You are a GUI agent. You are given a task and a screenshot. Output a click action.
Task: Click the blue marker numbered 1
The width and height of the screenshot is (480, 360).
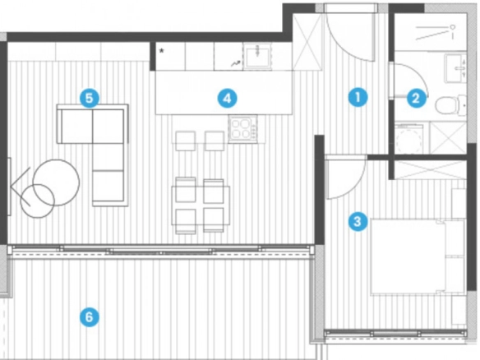click(x=358, y=97)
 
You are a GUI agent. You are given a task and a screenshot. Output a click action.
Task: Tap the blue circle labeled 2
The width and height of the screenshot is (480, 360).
click(x=416, y=99)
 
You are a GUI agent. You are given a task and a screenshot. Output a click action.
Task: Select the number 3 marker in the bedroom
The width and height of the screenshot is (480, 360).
click(x=358, y=221)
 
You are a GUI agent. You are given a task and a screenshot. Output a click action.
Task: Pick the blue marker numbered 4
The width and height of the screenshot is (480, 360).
click(x=227, y=99)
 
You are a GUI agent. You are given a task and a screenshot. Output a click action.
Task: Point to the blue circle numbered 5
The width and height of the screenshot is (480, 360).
click(x=89, y=99)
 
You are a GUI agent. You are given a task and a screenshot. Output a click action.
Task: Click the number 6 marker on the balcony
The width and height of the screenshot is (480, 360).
click(x=90, y=316)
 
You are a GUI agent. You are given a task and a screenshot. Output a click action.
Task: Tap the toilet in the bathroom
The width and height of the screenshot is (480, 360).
click(x=450, y=105)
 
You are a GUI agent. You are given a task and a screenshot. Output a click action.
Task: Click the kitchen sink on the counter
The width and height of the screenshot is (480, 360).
click(x=257, y=56)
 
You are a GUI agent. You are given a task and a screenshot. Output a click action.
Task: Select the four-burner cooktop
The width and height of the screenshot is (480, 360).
click(x=242, y=128)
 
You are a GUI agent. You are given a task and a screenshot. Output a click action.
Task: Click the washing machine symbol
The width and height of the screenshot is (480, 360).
click(x=408, y=138)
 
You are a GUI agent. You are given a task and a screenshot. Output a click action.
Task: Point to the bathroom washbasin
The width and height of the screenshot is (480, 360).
click(x=455, y=68)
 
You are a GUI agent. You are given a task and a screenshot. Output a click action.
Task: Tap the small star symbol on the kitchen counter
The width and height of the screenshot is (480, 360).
click(x=161, y=51)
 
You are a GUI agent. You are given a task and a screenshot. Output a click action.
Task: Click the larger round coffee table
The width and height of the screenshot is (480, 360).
click(x=56, y=182)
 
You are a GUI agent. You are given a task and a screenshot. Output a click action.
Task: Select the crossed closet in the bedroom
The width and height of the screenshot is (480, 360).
click(x=431, y=170)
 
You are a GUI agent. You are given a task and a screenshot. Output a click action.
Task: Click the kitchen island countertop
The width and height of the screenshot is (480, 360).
click(x=224, y=92)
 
